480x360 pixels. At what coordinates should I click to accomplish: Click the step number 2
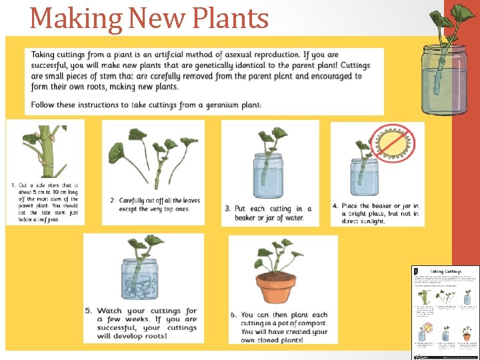pos(113,201)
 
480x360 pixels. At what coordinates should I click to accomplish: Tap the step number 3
pos(228,209)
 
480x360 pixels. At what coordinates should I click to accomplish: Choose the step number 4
pos(335,206)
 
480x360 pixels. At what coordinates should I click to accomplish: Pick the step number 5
pos(89,311)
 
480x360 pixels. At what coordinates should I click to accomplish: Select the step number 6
pos(234,315)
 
